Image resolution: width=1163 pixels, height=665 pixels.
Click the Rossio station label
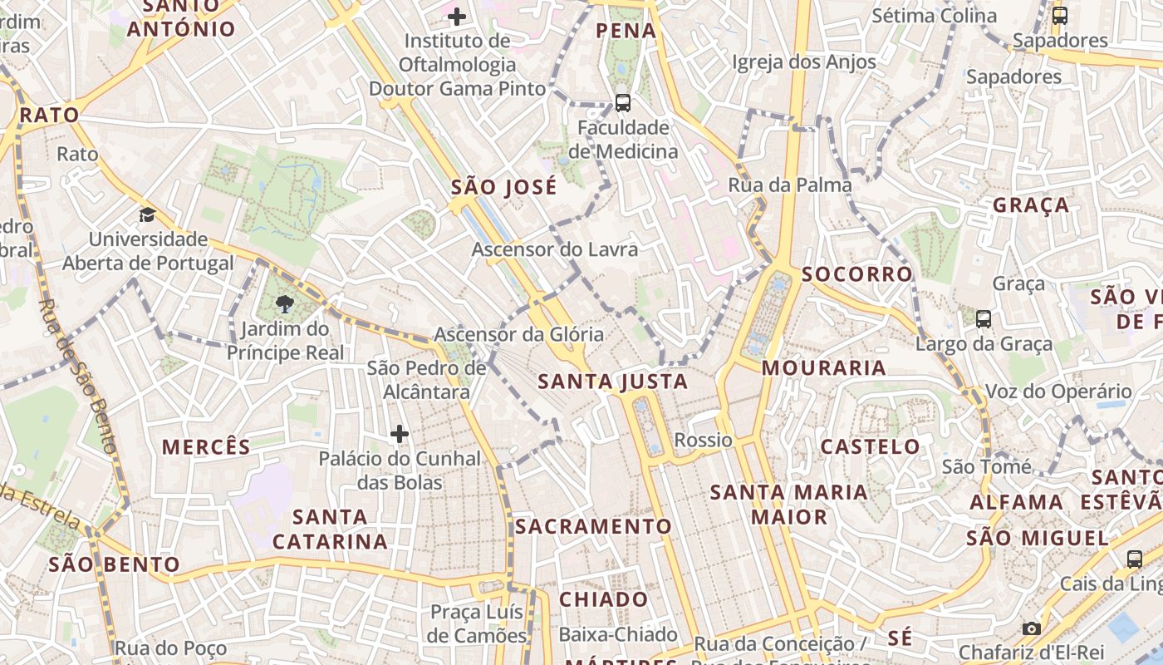click(703, 440)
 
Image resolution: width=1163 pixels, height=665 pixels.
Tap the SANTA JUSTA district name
click(612, 382)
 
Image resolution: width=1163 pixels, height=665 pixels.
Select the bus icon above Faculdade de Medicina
click(622, 103)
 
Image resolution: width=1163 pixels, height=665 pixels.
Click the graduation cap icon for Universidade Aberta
click(147, 214)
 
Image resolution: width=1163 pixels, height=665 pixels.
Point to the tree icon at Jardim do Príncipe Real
click(285, 303)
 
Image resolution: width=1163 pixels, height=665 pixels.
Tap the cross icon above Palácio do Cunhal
click(400, 434)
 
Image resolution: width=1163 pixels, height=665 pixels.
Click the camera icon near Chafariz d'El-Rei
click(1031, 628)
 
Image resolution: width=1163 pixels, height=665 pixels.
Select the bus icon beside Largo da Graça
click(984, 318)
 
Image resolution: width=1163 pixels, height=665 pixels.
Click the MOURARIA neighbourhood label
click(823, 367)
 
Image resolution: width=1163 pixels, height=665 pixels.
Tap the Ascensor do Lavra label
click(555, 249)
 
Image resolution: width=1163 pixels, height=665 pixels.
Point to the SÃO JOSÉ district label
click(503, 187)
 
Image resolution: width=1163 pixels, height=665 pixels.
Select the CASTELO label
click(870, 446)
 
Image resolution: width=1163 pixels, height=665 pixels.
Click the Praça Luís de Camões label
click(478, 623)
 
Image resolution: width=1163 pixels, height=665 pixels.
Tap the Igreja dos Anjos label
click(803, 62)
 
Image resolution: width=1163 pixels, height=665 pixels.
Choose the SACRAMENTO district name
click(592, 526)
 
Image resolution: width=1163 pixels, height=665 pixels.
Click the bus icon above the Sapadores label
click(1059, 15)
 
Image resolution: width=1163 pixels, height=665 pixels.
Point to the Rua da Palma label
click(789, 185)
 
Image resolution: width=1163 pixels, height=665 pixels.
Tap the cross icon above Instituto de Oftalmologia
click(456, 16)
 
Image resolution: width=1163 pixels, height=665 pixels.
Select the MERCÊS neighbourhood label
click(206, 446)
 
